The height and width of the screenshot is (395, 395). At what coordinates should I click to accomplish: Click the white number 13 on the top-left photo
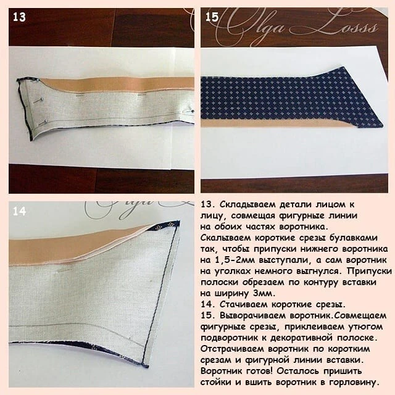pyautogui.click(x=19, y=17)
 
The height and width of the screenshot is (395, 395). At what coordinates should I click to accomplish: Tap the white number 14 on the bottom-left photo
pyautogui.click(x=19, y=211)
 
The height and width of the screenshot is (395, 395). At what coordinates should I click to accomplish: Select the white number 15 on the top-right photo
pyautogui.click(x=212, y=17)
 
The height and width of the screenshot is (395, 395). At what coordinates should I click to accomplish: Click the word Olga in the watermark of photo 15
pyautogui.click(x=254, y=25)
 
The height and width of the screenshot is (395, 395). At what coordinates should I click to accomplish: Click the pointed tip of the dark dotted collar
pyautogui.click(x=383, y=125)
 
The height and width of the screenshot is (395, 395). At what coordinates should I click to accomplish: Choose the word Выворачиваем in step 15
pyautogui.click(x=253, y=315)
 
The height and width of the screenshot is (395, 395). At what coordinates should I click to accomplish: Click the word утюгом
pyautogui.click(x=365, y=326)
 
